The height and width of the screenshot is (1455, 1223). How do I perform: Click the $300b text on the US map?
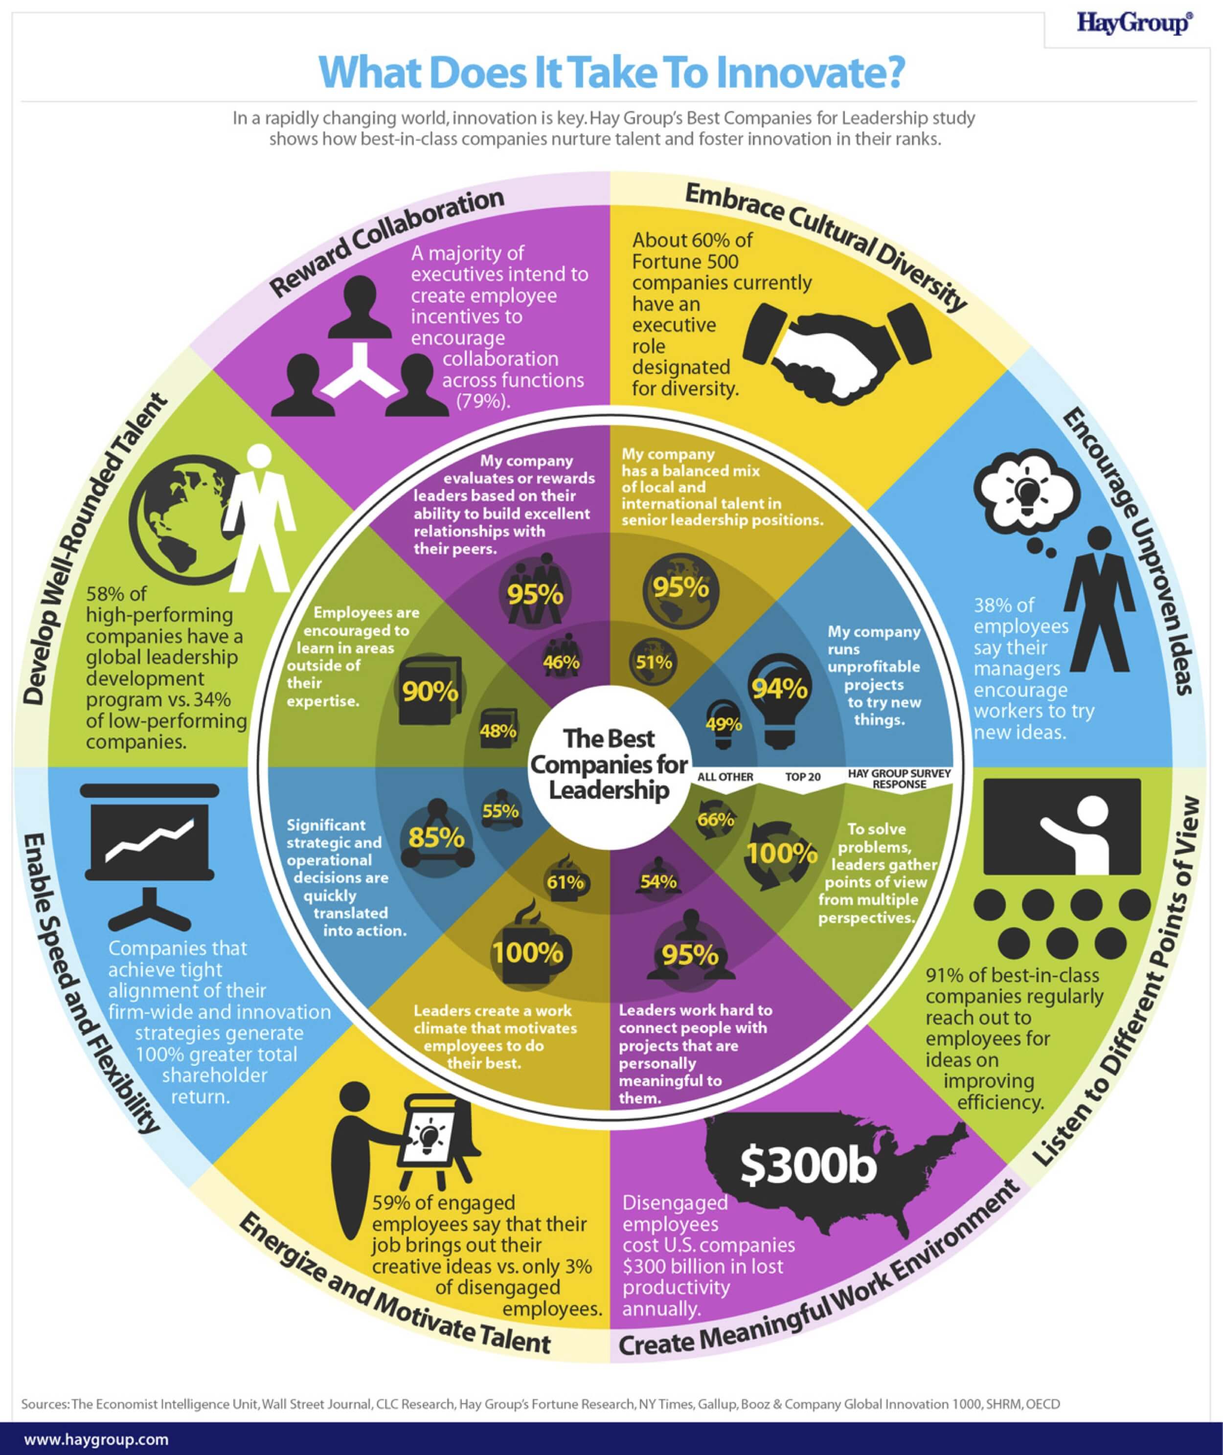point(808,1164)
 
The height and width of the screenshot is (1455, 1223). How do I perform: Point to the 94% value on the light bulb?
point(780,688)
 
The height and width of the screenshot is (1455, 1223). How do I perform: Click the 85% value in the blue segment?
point(436,837)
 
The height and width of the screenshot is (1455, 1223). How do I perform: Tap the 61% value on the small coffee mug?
point(565,882)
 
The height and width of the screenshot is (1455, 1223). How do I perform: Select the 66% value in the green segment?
point(716,820)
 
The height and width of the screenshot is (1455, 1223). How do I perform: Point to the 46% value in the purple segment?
point(561,662)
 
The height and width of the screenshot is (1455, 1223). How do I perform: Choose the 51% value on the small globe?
point(654,662)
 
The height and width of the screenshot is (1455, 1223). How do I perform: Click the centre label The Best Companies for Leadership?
point(609,764)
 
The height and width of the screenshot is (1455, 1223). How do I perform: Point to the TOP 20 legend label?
point(802,777)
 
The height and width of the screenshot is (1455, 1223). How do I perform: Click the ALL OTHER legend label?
point(725,777)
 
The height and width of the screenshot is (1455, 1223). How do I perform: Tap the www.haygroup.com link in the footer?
point(96,1439)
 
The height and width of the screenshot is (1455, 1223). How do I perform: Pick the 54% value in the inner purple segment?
point(658,882)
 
